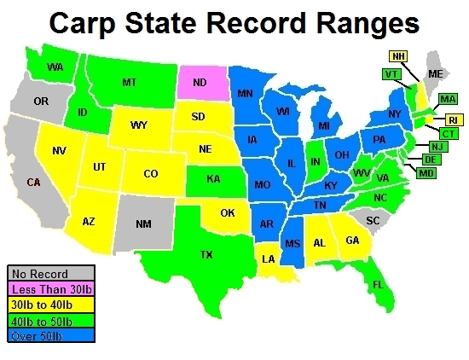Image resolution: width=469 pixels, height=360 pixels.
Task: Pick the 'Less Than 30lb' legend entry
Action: [50, 287]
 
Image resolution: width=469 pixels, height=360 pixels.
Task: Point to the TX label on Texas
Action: [206, 253]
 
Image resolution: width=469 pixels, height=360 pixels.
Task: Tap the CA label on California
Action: [33, 182]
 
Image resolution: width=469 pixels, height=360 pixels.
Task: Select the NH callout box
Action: [397, 56]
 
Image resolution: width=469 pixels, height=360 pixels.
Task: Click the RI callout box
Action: [452, 119]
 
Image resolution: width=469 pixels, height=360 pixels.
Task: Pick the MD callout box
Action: [426, 173]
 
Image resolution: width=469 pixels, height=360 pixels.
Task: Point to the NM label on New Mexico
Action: [145, 223]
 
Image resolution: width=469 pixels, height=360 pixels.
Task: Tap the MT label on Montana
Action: [130, 82]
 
